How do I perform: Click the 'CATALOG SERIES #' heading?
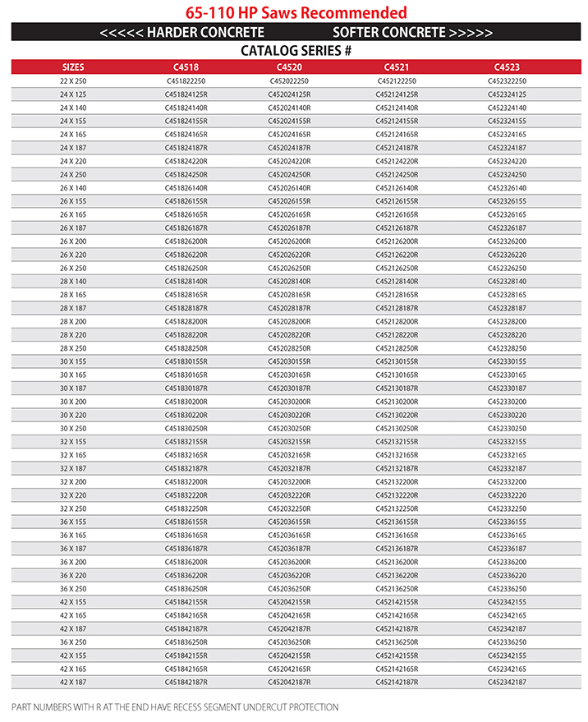point(296,51)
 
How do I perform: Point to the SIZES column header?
point(73,67)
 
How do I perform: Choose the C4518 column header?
point(186,67)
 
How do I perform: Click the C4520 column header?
point(289,67)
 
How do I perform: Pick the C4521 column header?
point(397,67)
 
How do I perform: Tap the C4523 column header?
point(507,67)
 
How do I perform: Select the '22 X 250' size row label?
point(73,81)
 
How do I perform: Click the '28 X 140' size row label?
point(73,281)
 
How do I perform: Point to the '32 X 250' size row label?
point(73,508)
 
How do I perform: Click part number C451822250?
point(186,81)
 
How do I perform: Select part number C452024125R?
point(289,94)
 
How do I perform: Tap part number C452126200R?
point(397,241)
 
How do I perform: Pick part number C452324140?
point(507,108)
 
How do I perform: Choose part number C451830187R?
point(186,389)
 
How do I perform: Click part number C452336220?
point(507,575)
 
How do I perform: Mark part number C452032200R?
point(289,481)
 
